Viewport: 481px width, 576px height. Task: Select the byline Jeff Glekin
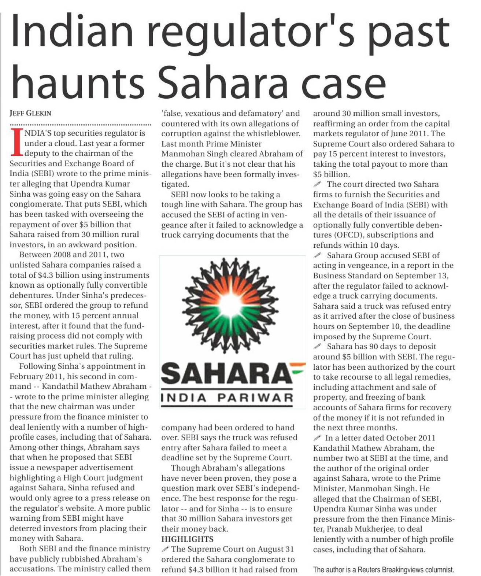point(30,113)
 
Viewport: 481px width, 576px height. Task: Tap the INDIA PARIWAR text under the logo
point(227,398)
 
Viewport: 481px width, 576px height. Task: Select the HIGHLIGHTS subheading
point(187,539)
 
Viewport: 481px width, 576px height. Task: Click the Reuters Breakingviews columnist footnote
point(383,570)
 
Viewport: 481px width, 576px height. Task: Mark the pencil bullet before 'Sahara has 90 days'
point(318,346)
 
